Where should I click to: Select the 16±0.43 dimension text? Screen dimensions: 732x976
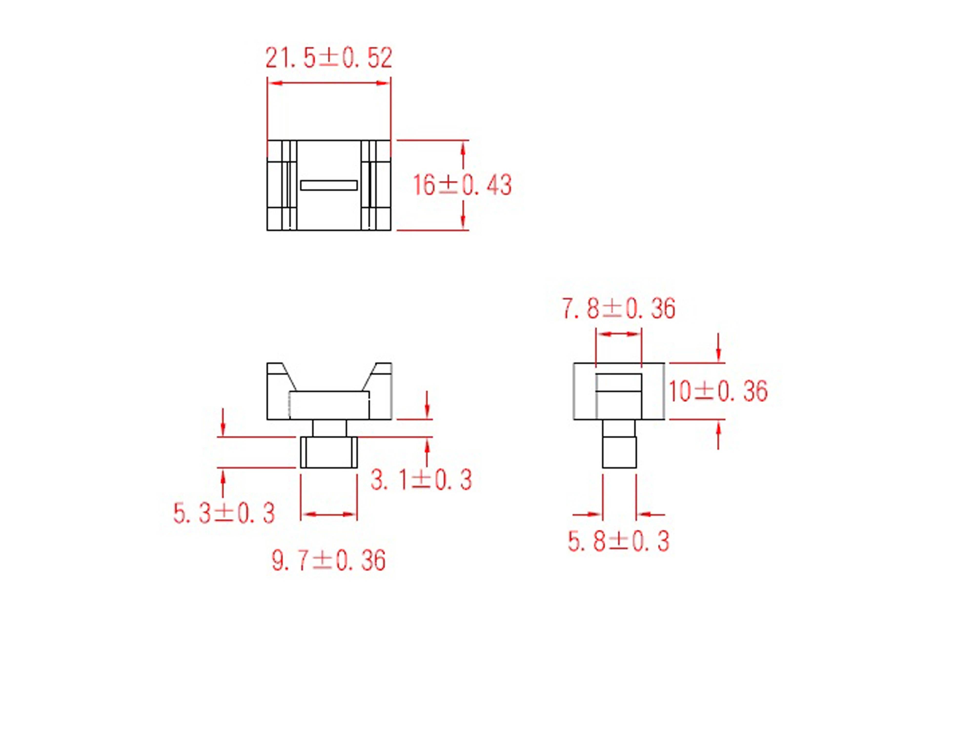pos(462,185)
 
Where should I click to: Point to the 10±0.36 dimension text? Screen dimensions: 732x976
pos(718,391)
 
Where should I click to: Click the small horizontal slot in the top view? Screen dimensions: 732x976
pos(329,185)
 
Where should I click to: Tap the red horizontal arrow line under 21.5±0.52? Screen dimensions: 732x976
pos(329,82)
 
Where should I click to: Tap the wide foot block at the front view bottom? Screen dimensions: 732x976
pos(329,452)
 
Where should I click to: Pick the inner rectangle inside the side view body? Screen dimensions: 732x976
pos(619,396)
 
